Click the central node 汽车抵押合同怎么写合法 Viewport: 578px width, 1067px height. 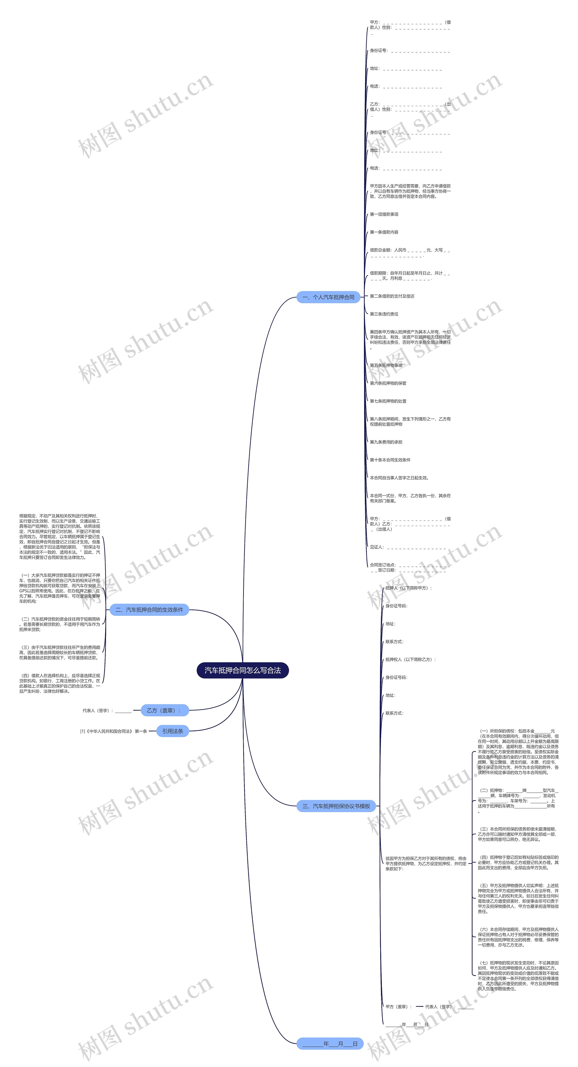(242, 670)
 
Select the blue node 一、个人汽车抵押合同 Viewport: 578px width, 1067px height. (328, 297)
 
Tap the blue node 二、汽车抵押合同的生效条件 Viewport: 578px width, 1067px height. (149, 610)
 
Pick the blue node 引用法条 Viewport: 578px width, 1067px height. (172, 731)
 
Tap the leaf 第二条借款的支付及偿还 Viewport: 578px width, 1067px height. (392, 296)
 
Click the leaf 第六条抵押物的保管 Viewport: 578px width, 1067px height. (388, 383)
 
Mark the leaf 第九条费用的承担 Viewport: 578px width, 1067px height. (386, 442)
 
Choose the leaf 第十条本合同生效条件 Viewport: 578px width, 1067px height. (390, 460)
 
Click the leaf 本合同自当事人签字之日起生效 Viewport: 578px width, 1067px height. (399, 478)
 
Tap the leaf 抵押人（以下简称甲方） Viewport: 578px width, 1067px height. (408, 588)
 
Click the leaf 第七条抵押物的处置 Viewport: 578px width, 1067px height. (388, 401)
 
